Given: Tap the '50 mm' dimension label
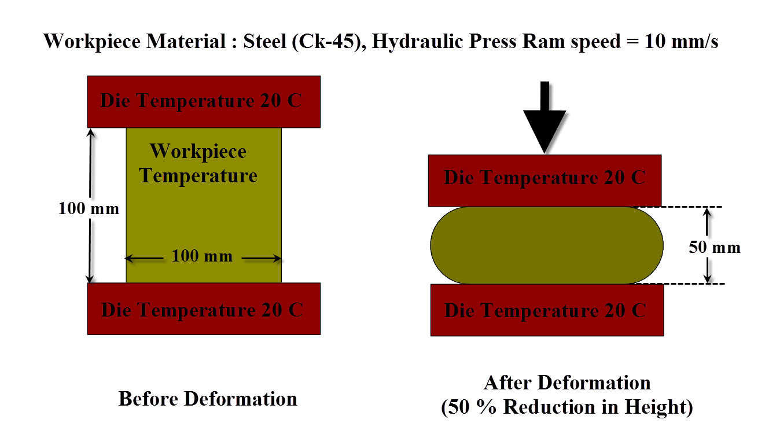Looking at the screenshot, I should [714, 248].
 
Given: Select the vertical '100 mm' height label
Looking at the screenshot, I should [88, 208].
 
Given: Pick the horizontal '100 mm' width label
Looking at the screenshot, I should [202, 256].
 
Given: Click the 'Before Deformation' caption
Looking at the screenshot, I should [208, 399].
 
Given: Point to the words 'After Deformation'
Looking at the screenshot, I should [567, 383].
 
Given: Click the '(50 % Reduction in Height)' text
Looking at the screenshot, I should [567, 407].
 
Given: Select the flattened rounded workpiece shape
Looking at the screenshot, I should [546, 245].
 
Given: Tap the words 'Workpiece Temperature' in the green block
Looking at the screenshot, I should [198, 163].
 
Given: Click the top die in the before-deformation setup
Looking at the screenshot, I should [204, 101].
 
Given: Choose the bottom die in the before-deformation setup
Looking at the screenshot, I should [204, 309].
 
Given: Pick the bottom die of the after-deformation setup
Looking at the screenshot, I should [546, 310].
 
